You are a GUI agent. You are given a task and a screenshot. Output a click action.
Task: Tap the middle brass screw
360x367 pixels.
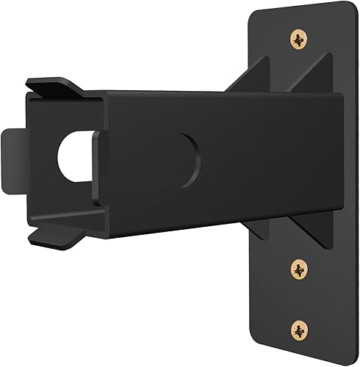300,271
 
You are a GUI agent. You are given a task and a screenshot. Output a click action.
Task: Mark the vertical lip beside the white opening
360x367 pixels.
92,158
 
